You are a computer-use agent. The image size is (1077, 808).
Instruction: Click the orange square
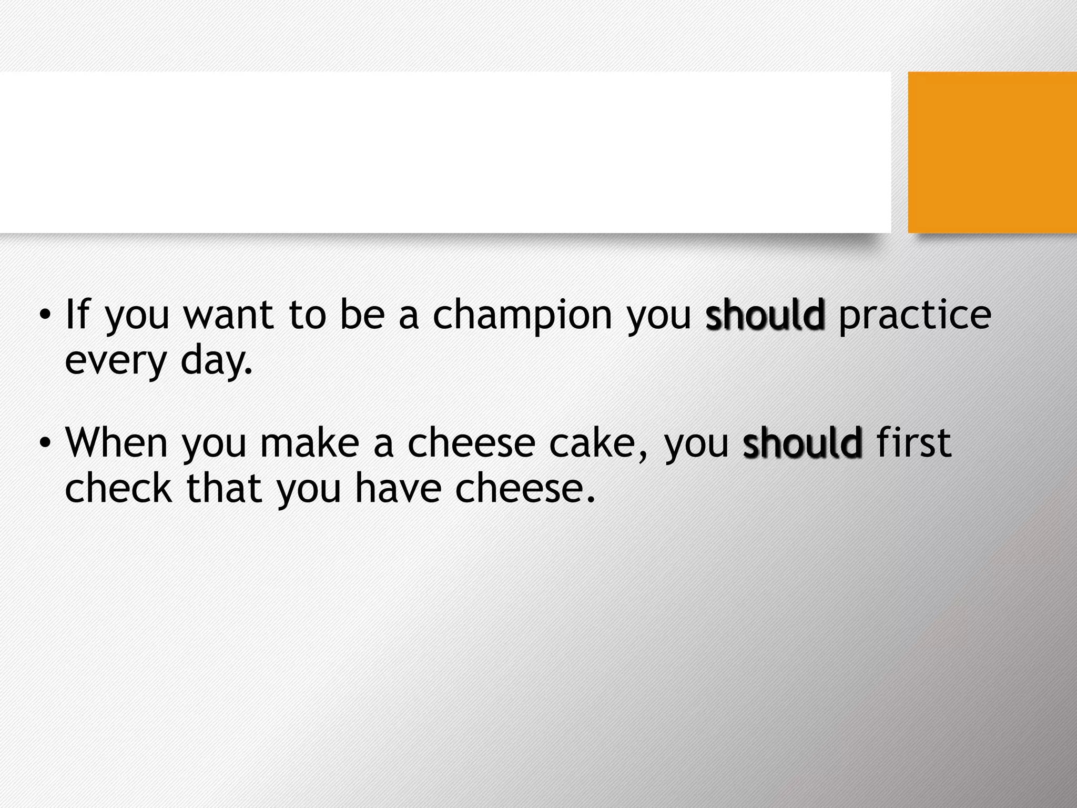click(x=992, y=152)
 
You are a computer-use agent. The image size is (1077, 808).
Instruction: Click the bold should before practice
click(x=765, y=315)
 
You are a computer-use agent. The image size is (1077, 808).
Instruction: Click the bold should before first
click(x=802, y=443)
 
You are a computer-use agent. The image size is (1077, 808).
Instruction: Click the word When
click(x=116, y=443)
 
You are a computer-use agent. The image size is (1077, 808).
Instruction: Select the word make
click(x=310, y=443)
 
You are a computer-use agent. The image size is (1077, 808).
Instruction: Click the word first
click(x=914, y=443)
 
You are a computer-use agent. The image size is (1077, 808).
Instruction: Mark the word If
click(x=78, y=315)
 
